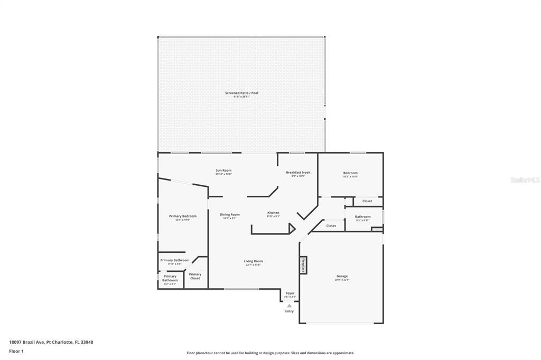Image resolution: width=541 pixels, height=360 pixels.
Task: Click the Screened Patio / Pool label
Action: tap(241, 93)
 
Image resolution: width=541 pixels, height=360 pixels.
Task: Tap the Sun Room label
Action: tap(223, 170)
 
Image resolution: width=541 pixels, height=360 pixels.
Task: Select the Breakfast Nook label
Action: tap(298, 173)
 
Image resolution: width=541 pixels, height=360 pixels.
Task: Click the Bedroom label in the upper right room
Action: tap(350, 173)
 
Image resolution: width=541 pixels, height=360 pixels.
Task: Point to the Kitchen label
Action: tap(273, 213)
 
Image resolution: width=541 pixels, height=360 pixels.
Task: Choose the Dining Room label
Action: tap(230, 215)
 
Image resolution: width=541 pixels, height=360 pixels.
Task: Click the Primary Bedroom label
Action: tap(182, 216)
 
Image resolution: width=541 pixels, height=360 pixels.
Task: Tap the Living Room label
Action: tap(253, 261)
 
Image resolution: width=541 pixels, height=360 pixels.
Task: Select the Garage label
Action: tap(342, 276)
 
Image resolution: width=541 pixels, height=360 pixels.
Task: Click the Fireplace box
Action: tap(303, 264)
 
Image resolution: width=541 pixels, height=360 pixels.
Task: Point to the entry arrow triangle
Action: tap(289, 306)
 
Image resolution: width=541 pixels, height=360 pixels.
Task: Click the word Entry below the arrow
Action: tap(289, 311)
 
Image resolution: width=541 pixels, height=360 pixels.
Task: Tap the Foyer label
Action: tap(290, 293)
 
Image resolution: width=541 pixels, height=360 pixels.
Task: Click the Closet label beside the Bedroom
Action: tap(367, 201)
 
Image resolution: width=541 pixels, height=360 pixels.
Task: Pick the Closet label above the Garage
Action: tap(331, 226)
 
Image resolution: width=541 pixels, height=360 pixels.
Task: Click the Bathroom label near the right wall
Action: tap(362, 217)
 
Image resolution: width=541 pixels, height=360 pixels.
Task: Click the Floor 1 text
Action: tap(16, 351)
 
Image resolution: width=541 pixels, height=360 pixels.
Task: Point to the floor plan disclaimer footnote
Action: tap(270, 353)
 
